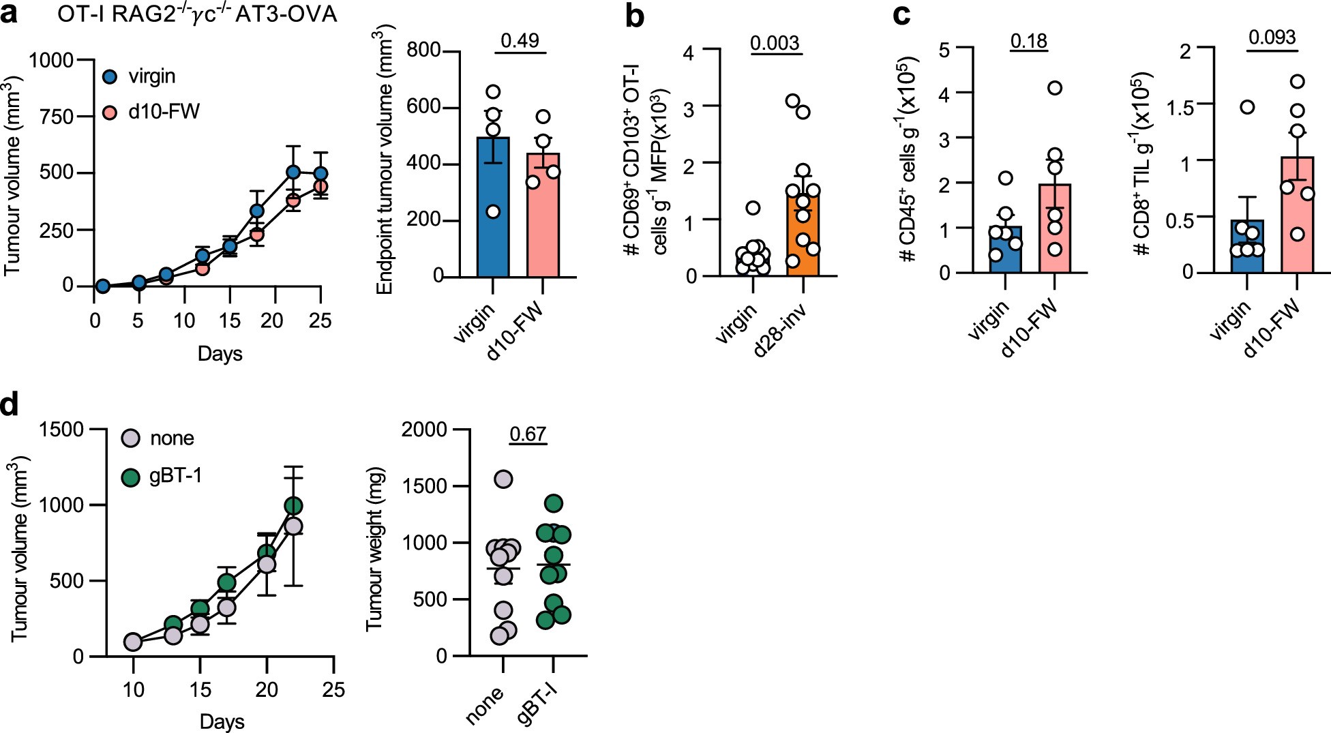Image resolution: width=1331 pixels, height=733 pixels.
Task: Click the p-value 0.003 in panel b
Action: coord(775,43)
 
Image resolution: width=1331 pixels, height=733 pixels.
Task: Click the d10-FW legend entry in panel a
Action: coord(150,111)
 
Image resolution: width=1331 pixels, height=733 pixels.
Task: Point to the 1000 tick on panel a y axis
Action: coord(51,61)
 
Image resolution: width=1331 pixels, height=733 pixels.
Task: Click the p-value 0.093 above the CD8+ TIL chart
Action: coord(1272,37)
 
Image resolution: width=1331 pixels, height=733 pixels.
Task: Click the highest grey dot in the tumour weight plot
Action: coord(503,479)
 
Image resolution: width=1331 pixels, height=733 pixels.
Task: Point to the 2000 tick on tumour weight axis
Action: coord(424,430)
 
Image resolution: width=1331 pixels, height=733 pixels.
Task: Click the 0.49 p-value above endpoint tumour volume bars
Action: coord(520,40)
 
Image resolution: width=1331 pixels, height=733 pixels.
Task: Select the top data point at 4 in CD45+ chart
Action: coord(1055,88)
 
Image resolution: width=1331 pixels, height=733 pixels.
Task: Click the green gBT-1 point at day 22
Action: coord(293,505)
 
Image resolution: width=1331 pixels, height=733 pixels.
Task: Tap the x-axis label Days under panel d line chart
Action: coord(222,721)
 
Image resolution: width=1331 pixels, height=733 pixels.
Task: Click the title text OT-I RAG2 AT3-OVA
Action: coord(198,14)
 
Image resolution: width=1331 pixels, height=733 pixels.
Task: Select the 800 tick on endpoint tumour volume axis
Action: coord(423,52)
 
